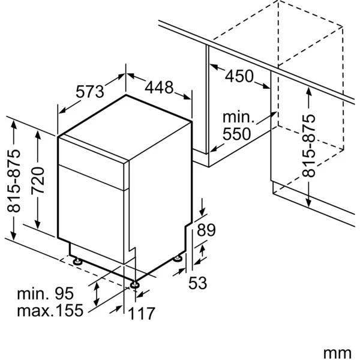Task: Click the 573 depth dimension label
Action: [x=90, y=92]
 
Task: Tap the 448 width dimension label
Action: [x=159, y=88]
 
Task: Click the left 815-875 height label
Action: [x=13, y=181]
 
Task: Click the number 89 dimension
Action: [x=206, y=229]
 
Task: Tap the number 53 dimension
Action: [x=198, y=282]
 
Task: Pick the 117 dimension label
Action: [x=143, y=313]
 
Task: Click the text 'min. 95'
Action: [x=45, y=294]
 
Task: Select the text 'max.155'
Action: [x=45, y=311]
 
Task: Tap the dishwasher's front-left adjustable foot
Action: [x=134, y=282]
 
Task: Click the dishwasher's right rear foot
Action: [x=178, y=259]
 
